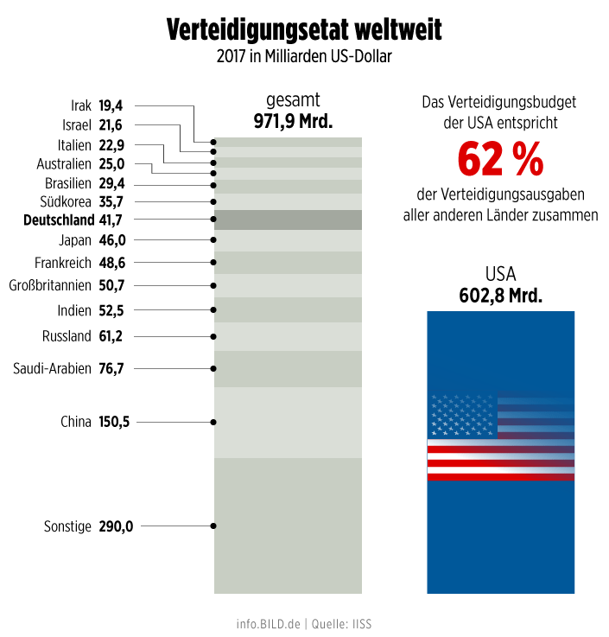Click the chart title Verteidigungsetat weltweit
(304, 30)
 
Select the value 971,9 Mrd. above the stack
(293, 121)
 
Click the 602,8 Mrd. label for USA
(500, 296)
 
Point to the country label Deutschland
(60, 220)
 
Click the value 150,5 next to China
(114, 422)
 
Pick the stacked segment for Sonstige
(288, 526)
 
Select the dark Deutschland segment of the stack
(288, 220)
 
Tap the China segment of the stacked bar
(288, 422)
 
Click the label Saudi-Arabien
(52, 369)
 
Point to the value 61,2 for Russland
(111, 336)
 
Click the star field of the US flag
(462, 417)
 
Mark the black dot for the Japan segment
(213, 240)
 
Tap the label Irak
(81, 106)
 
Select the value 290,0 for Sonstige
(115, 526)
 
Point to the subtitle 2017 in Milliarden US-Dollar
(304, 58)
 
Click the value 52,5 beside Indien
(111, 310)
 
